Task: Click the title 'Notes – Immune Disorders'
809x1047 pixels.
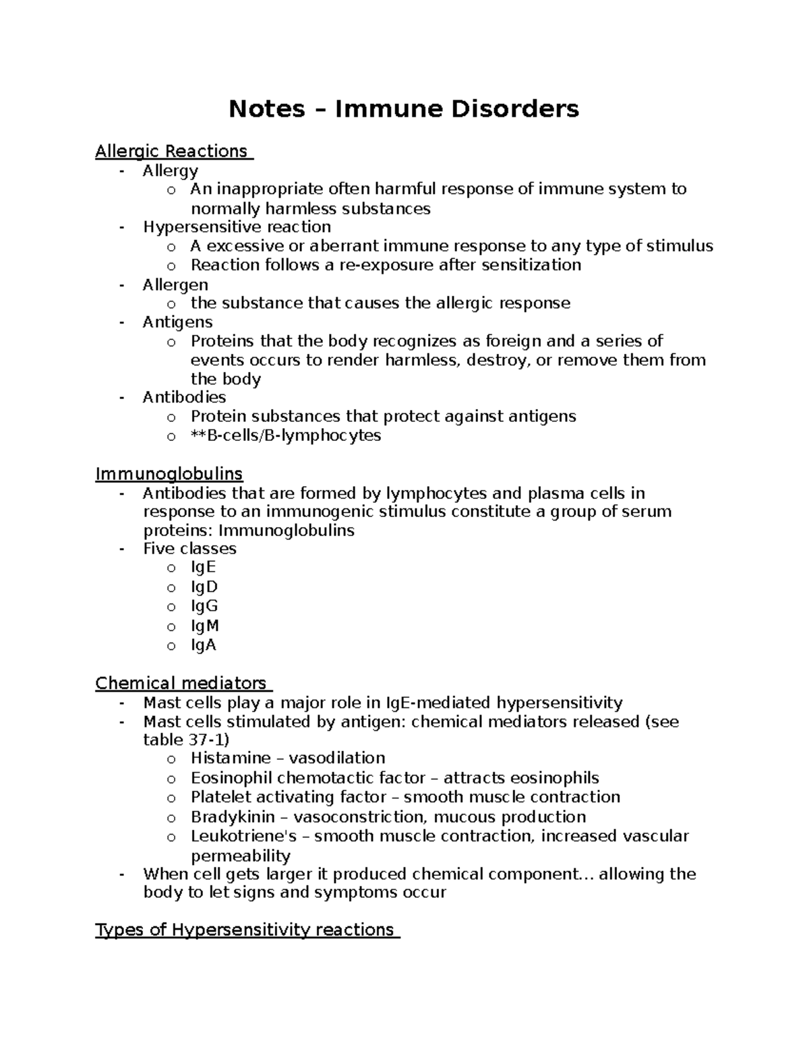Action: click(403, 109)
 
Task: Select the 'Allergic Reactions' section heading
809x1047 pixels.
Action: click(172, 152)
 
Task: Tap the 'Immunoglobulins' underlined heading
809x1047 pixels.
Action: click(169, 474)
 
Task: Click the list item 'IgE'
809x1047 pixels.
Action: click(204, 568)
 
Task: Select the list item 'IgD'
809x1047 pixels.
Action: click(204, 587)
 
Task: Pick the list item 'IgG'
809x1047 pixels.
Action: click(204, 606)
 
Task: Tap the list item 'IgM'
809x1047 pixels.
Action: click(205, 626)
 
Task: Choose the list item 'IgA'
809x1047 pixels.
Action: click(204, 645)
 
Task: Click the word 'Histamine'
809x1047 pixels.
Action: click(231, 758)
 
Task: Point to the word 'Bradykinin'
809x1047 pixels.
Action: click(233, 817)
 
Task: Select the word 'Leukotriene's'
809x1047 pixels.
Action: click(244, 837)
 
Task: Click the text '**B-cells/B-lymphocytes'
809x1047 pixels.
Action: click(286, 436)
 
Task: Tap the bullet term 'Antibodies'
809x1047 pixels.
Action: click(184, 397)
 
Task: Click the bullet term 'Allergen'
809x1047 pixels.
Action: click(175, 285)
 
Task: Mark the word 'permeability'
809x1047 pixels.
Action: click(241, 856)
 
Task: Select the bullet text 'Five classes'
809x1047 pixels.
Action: click(189, 549)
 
